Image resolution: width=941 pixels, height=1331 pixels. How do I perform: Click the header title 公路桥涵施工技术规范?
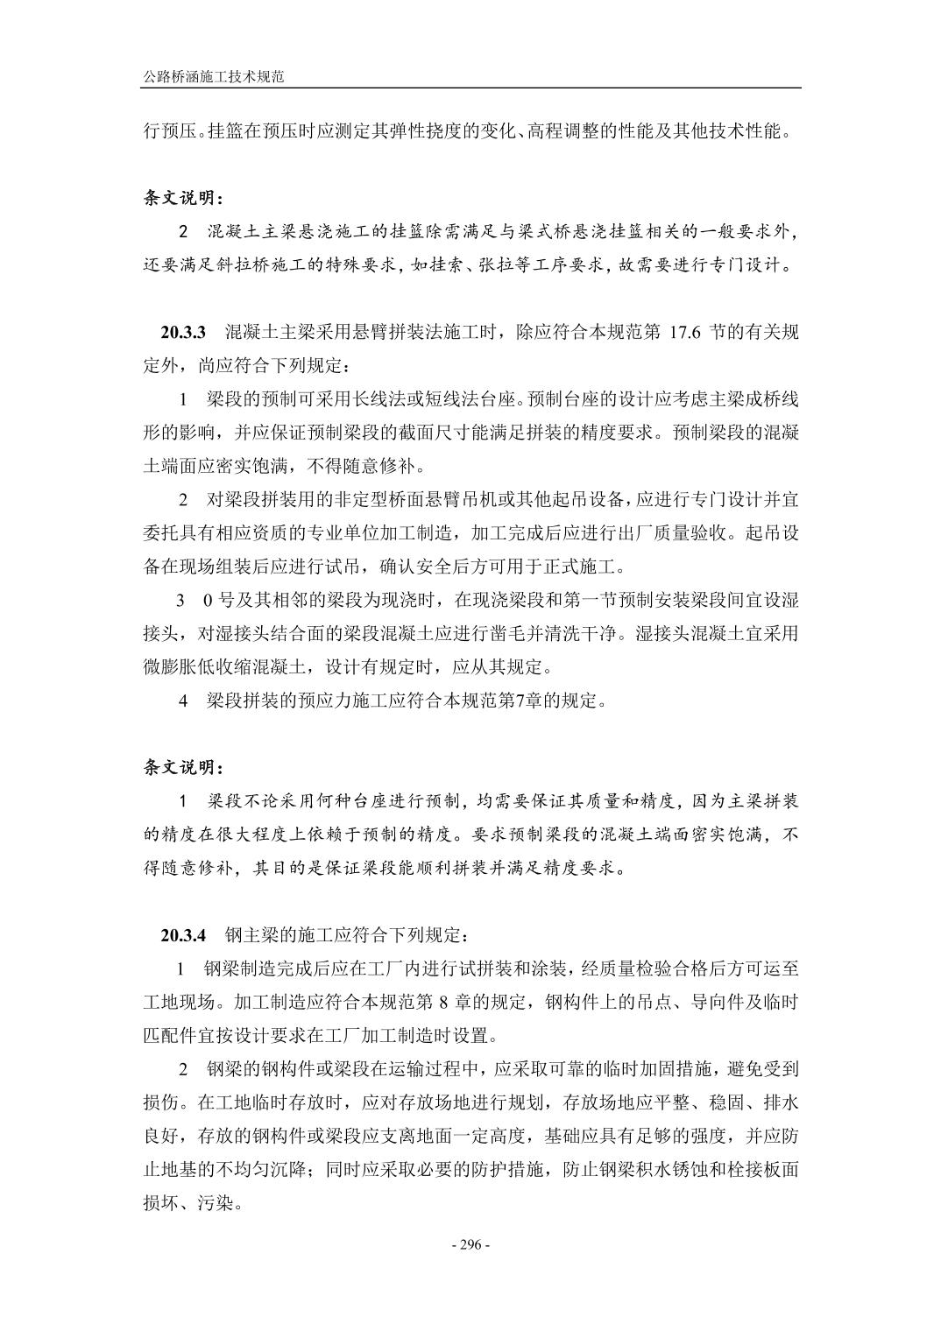point(215,77)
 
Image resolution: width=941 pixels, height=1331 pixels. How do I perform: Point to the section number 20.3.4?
point(182,934)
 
